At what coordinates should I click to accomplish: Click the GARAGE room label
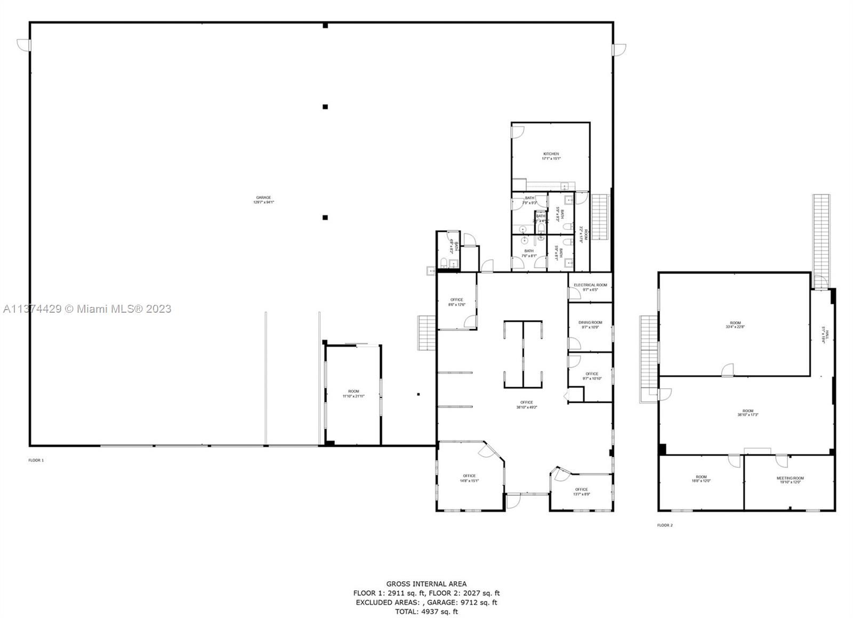click(263, 200)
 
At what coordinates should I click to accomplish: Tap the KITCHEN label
click(551, 156)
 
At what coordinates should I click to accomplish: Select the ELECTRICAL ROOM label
click(590, 287)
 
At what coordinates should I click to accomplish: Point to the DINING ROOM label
click(590, 324)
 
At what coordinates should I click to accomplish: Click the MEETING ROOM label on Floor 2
click(790, 480)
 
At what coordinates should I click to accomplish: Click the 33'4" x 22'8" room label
click(735, 324)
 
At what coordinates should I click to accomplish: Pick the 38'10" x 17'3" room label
click(748, 413)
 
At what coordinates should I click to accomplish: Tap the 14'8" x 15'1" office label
click(469, 478)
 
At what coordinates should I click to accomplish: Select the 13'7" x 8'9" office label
click(581, 491)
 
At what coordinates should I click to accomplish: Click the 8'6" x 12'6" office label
click(457, 302)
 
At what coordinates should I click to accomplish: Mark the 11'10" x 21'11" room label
click(354, 394)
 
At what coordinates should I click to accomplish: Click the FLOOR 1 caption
click(36, 460)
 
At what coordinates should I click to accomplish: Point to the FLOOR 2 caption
click(665, 525)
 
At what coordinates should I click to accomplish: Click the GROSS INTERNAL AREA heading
click(426, 584)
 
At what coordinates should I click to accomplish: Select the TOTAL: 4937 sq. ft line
click(426, 612)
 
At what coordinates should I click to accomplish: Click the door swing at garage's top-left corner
click(23, 45)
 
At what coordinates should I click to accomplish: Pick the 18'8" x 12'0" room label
click(701, 479)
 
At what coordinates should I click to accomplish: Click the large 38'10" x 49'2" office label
click(526, 404)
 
